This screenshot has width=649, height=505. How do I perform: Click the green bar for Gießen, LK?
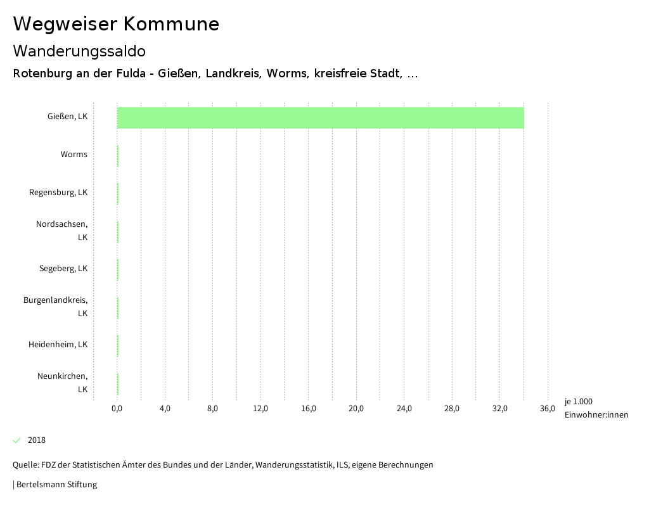320,118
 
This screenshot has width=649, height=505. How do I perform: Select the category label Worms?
74,155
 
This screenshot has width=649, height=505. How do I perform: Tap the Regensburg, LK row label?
58,193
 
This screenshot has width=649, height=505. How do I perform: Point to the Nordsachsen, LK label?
62,231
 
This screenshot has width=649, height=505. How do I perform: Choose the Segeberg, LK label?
63,269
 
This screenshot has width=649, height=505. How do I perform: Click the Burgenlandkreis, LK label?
56,307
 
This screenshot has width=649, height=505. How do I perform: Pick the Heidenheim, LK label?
58,345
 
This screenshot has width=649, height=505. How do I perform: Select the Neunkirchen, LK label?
62,383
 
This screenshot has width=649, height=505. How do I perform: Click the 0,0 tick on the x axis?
117,408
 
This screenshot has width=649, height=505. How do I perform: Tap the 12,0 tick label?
260,408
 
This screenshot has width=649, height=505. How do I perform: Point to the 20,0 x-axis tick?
356,408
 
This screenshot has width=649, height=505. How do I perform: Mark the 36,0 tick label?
548,408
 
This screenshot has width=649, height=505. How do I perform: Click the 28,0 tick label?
452,408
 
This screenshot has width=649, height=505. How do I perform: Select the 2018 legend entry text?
37,440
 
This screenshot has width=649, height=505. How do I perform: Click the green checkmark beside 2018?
17,440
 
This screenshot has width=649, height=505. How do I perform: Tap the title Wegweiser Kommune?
116,24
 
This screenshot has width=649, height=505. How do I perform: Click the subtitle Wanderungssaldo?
79,51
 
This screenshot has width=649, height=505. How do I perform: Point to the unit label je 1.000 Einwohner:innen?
596,408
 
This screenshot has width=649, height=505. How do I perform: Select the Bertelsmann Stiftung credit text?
56,485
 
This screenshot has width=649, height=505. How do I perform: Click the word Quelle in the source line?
25,465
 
